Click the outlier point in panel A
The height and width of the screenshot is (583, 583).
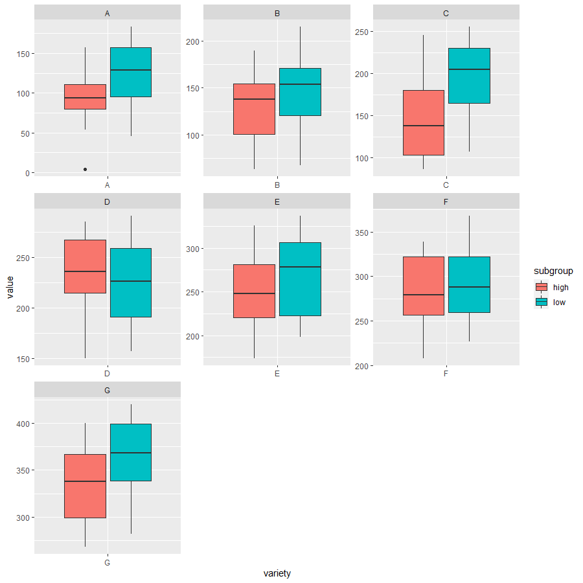[x=85, y=169]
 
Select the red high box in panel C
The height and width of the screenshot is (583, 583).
[x=424, y=122]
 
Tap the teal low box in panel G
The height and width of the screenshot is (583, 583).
[x=131, y=452]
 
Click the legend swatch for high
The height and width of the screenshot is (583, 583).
[x=542, y=287]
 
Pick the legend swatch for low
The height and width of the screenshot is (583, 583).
[x=542, y=302]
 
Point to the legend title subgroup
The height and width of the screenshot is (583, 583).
[x=549, y=271]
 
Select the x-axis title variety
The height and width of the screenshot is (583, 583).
[x=277, y=573]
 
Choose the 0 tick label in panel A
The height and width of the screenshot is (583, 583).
[x=27, y=173]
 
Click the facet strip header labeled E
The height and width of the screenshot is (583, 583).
[x=277, y=201]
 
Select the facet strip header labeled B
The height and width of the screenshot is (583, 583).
[x=277, y=12]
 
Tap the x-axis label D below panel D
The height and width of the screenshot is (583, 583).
[x=107, y=374]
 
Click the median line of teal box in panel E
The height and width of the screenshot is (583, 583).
[x=300, y=267]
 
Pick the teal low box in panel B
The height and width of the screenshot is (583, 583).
[x=300, y=91]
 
